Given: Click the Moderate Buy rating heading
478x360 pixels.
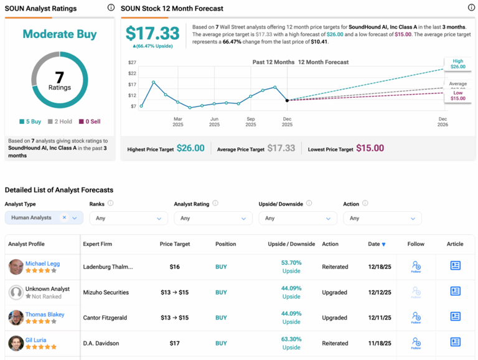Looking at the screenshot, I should click(60, 34).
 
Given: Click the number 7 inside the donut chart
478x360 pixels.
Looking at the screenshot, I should click(60, 77).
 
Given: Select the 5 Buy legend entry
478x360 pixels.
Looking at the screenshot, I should click(30, 121).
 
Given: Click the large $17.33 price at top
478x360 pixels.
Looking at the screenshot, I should click(152, 34).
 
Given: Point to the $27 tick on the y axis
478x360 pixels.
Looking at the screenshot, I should click(132, 63).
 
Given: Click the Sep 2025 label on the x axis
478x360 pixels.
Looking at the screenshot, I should click(251, 121).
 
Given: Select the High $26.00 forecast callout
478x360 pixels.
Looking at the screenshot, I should click(457, 64).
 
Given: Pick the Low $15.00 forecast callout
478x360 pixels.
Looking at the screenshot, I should click(457, 95).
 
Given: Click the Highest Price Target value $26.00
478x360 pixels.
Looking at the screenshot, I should click(190, 148).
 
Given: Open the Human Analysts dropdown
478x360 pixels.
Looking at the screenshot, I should click(43, 218).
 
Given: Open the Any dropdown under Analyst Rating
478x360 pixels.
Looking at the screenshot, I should click(213, 219).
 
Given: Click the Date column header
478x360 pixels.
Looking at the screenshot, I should click(377, 244).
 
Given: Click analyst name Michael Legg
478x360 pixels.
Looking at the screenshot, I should click(42, 263).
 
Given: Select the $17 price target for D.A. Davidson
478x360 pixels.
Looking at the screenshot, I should click(174, 343).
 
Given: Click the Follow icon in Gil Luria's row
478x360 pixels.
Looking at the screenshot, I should click(416, 343).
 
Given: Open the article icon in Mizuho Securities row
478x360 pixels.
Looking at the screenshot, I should click(455, 291).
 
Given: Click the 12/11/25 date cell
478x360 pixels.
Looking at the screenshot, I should click(380, 318).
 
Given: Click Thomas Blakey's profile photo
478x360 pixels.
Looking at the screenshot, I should click(16, 318).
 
